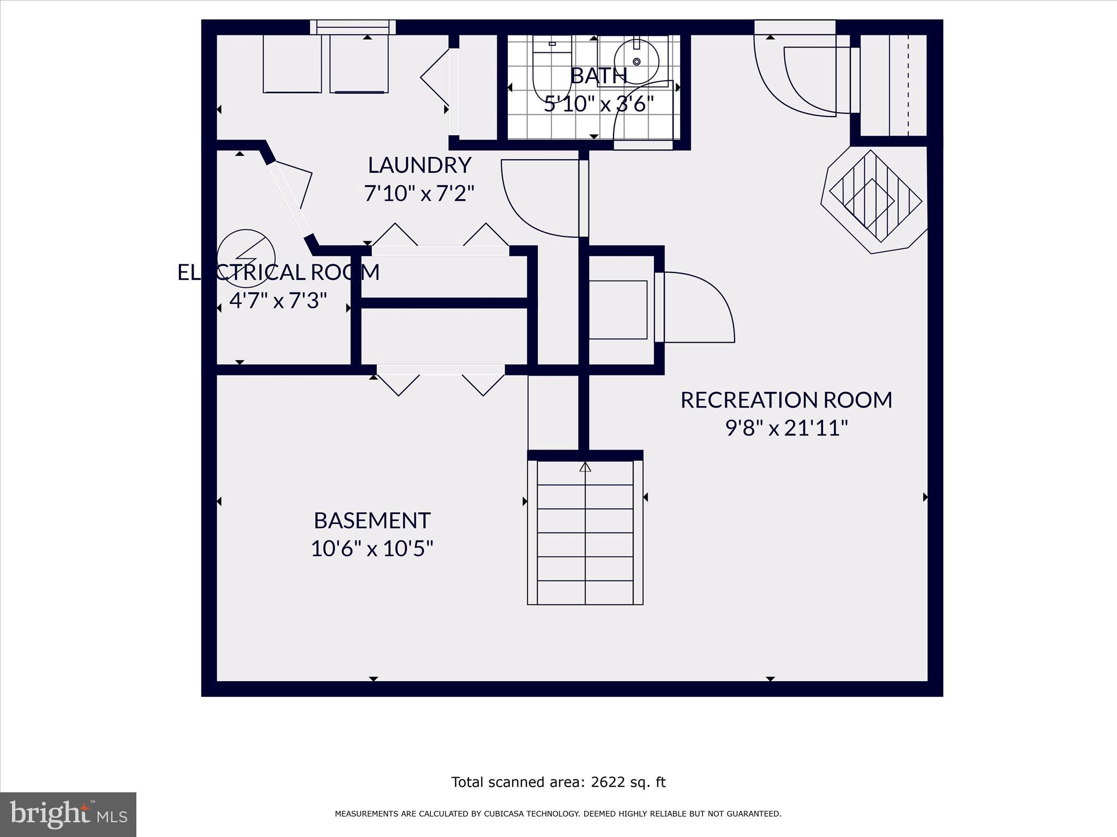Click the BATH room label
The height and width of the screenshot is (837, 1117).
(x=598, y=76)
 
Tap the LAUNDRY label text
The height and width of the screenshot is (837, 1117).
(x=419, y=165)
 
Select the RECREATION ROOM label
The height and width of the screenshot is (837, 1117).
(x=786, y=401)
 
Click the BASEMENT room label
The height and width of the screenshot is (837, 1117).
(x=372, y=521)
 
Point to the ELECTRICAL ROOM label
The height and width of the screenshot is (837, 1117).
(x=278, y=272)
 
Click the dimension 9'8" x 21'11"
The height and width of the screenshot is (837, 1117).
(x=786, y=429)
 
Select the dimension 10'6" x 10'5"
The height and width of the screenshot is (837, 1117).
(x=372, y=549)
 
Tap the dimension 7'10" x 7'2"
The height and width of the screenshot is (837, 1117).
(x=419, y=193)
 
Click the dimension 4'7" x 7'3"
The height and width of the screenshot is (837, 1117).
(x=278, y=301)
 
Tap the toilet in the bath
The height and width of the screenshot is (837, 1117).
(x=551, y=71)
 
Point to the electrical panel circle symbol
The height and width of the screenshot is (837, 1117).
(x=246, y=258)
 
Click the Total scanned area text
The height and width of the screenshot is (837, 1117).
(x=558, y=783)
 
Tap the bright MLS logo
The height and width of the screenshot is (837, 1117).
(x=68, y=815)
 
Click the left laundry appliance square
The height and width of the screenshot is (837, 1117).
(x=292, y=64)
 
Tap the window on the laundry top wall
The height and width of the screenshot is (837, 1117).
(x=353, y=27)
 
